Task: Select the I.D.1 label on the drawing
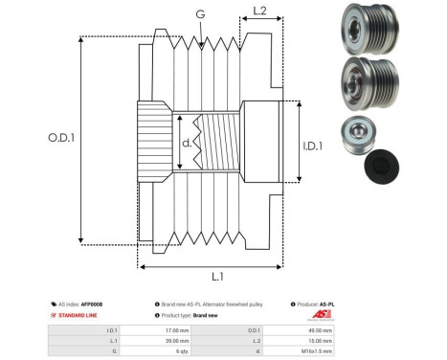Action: pos(314,146)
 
